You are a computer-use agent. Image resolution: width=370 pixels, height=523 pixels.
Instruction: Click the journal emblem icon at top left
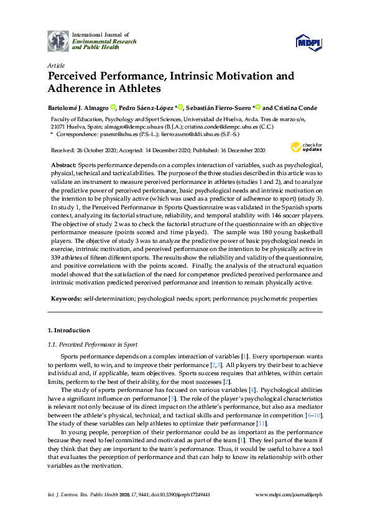(x=58, y=40)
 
